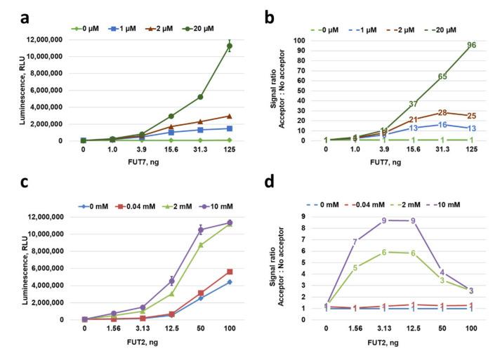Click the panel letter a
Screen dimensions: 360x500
pyautogui.click(x=13, y=11)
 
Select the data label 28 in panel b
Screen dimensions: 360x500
pyautogui.click(x=442, y=113)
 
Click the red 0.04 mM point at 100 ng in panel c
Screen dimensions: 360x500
pyautogui.click(x=229, y=272)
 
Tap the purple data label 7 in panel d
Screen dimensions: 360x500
pyautogui.click(x=355, y=242)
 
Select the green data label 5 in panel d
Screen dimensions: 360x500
pyautogui.click(x=355, y=267)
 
